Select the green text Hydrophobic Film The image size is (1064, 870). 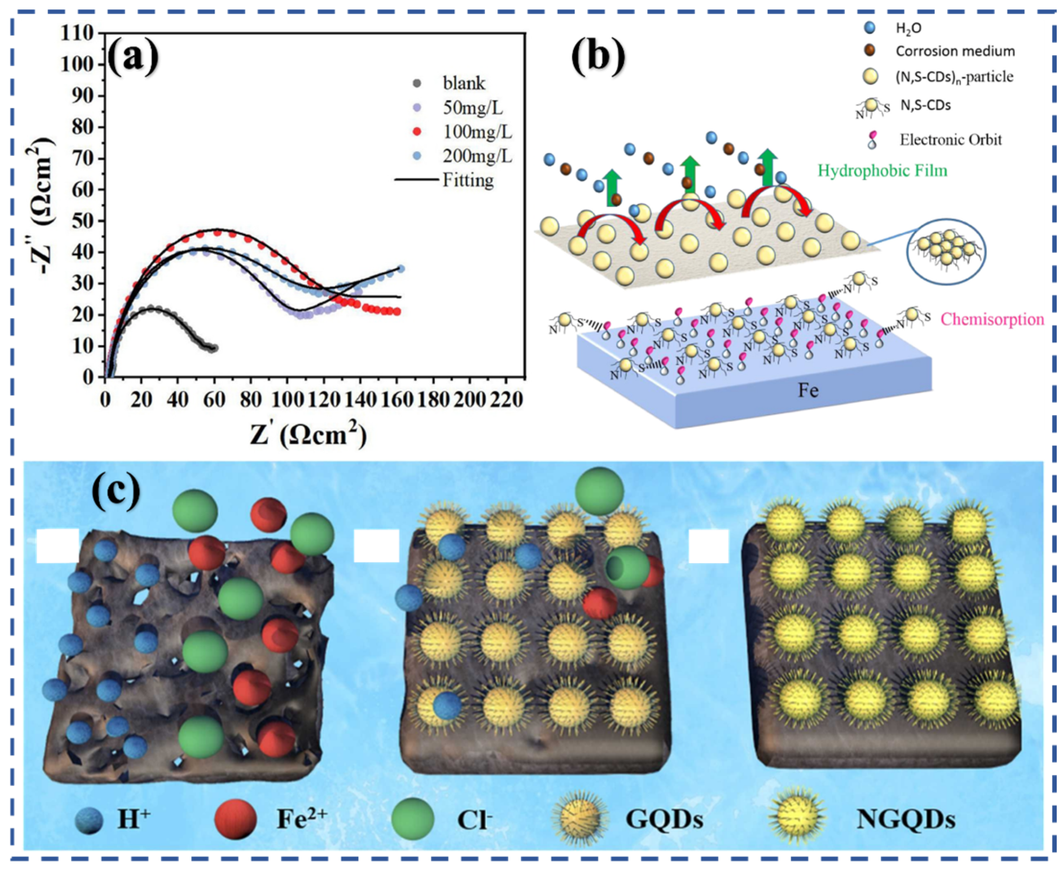[x=883, y=171]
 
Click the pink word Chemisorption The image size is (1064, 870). [x=992, y=319]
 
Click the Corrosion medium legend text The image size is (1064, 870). [x=955, y=51]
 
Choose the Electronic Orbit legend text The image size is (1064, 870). [x=950, y=140]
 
